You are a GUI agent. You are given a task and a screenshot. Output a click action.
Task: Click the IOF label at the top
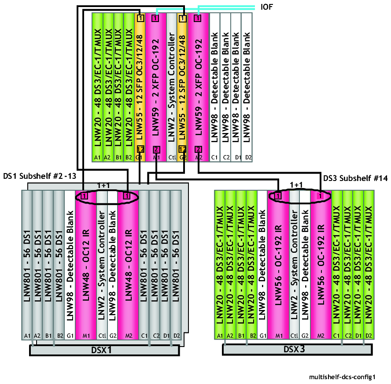coord(266,7)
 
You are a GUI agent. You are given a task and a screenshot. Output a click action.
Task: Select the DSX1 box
coord(104,350)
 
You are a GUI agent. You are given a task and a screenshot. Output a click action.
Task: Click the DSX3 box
coord(297,349)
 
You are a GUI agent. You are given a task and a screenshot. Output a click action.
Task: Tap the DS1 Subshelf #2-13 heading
coord(40,176)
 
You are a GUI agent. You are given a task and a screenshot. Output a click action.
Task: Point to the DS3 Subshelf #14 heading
coord(355,178)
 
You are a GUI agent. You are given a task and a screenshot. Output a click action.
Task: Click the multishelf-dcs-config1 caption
coord(343,377)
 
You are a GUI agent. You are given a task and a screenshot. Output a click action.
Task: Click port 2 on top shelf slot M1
coord(156,150)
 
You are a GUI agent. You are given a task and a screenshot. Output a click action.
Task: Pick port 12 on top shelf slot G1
coord(140,149)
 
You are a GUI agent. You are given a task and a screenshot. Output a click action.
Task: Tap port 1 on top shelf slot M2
coord(198,18)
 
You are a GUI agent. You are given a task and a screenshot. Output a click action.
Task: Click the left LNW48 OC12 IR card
coord(85,265)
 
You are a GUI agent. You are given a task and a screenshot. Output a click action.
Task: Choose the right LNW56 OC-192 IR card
coord(321,265)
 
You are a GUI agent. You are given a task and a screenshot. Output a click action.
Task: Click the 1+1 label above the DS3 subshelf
coord(296,185)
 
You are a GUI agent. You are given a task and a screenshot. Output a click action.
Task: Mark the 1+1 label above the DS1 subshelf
coord(103,185)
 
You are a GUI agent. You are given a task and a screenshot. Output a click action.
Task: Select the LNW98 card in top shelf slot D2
coord(247,87)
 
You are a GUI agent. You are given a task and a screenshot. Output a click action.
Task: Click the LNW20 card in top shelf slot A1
coord(97,87)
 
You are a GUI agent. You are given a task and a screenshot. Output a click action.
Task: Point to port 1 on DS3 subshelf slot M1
coord(278,196)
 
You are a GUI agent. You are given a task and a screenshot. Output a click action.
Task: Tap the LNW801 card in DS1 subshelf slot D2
coord(176,265)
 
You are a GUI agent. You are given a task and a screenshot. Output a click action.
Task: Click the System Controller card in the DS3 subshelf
coord(295,265)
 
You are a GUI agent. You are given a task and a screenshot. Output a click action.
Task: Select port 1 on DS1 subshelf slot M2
coord(127,196)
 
